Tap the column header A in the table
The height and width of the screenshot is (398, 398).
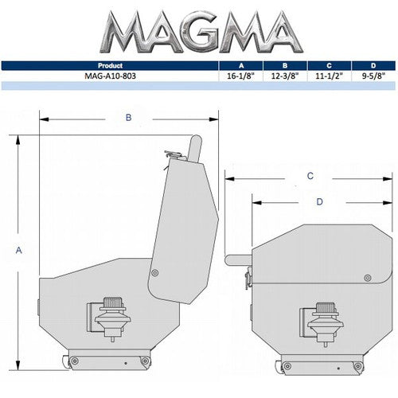[242, 66]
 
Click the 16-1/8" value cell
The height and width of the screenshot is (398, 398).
[242, 76]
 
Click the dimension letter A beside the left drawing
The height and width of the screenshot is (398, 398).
[18, 250]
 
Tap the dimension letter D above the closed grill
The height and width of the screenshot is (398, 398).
[319, 202]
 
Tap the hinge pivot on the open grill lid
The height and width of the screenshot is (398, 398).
[154, 273]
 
